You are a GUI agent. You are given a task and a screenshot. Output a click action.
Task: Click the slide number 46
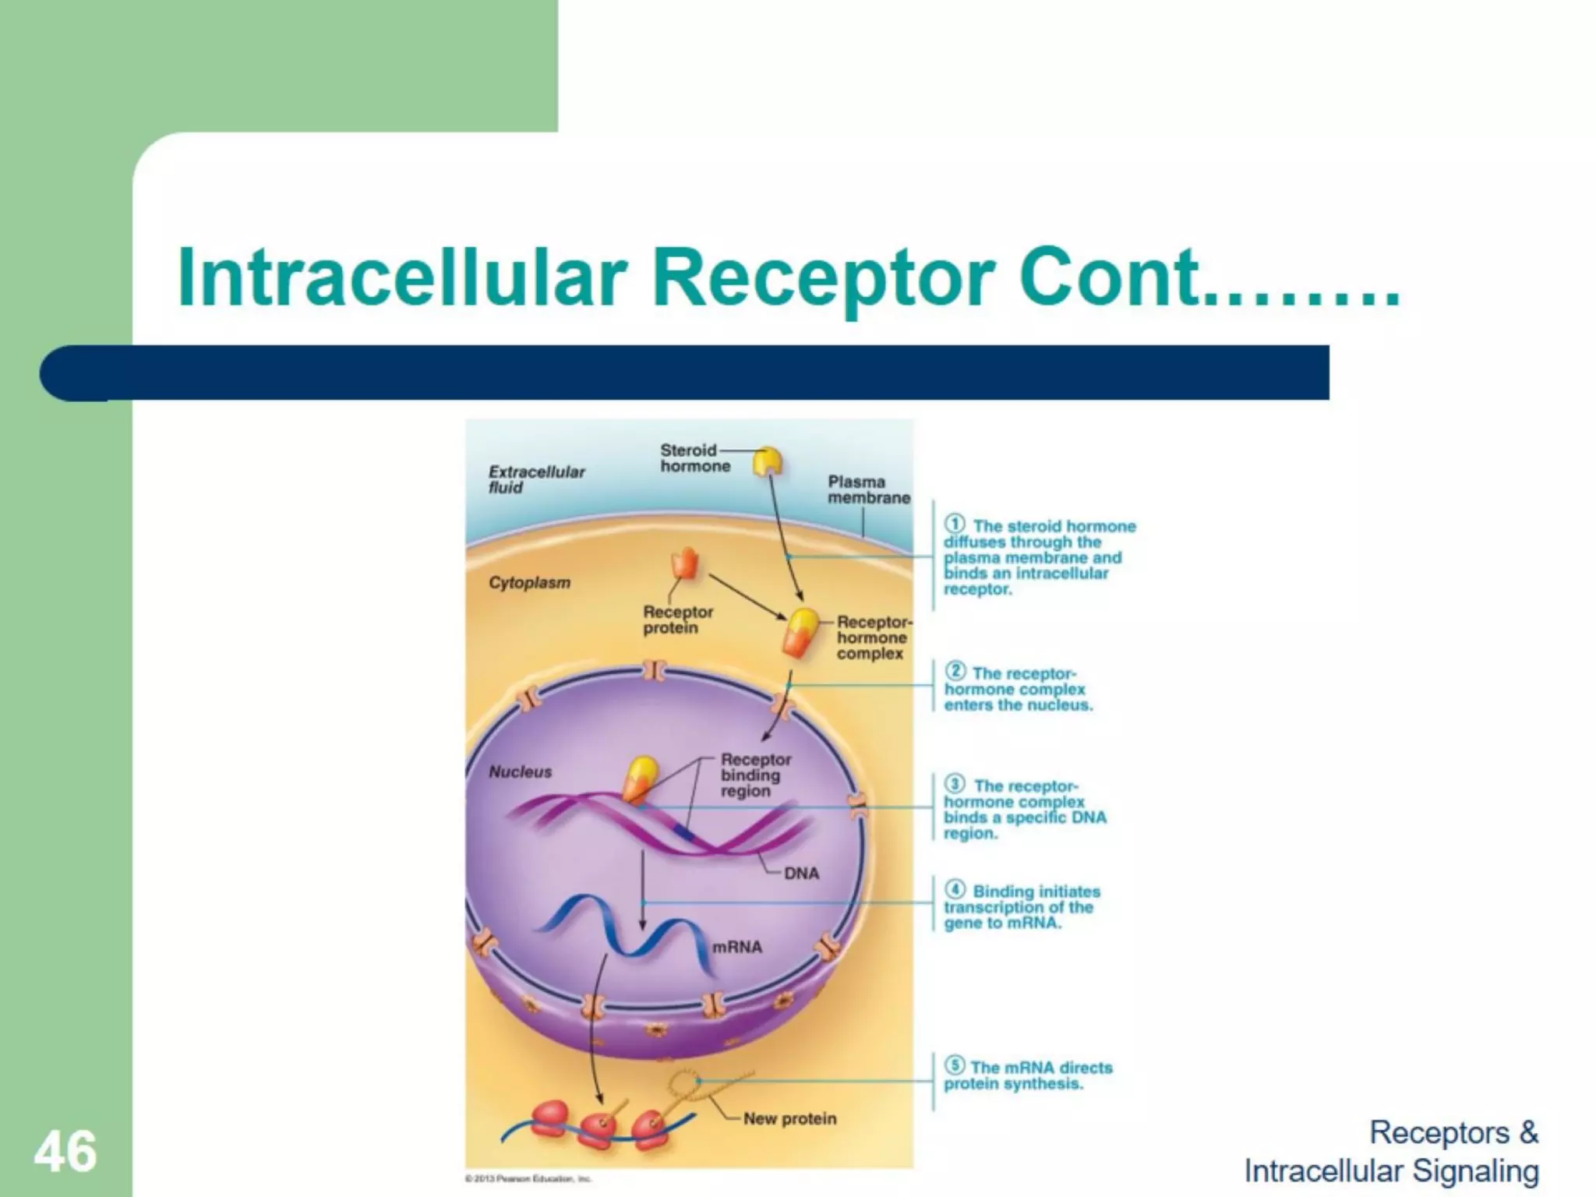(65, 1152)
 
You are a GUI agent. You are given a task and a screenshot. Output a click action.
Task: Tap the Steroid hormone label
(694, 458)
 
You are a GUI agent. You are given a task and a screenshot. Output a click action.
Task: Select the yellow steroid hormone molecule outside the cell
(768, 461)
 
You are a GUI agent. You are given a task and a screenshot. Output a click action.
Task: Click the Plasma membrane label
(867, 489)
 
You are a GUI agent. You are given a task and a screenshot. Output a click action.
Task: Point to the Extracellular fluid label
(535, 479)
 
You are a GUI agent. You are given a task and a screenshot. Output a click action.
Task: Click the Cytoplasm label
(529, 583)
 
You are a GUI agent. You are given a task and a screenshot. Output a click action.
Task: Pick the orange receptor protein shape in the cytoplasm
(686, 563)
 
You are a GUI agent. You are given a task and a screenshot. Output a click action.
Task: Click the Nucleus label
(520, 772)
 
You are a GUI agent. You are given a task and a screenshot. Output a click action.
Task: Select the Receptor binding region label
(754, 775)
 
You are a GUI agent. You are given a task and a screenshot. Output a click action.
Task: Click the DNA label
(801, 874)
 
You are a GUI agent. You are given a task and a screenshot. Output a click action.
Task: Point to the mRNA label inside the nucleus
(736, 947)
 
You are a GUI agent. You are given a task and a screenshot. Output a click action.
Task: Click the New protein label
(789, 1118)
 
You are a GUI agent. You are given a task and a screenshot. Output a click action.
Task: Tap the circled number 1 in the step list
(955, 524)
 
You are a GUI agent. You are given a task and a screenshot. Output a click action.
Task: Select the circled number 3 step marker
(955, 784)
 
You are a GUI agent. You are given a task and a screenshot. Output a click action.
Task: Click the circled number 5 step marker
(954, 1065)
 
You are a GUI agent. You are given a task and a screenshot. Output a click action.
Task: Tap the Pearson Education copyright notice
(528, 1179)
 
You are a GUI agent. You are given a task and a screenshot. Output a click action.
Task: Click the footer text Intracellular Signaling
(1391, 1171)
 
